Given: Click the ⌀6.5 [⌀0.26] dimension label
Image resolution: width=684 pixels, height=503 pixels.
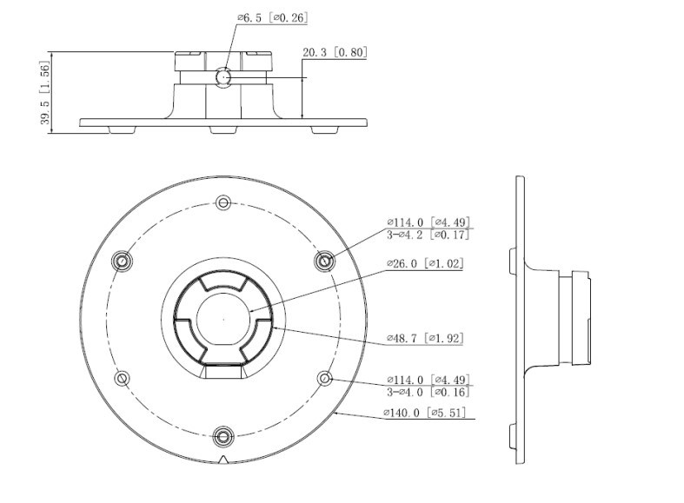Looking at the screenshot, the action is [x=273, y=18].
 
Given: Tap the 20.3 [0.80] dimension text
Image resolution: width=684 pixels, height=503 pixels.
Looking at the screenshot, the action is [x=335, y=52].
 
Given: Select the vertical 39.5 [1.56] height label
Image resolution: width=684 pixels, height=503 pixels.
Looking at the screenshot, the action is [x=45, y=92].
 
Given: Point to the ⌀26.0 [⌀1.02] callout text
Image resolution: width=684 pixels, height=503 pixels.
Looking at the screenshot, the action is [x=425, y=263].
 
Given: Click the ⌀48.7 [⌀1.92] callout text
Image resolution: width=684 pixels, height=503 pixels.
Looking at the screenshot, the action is [x=425, y=338].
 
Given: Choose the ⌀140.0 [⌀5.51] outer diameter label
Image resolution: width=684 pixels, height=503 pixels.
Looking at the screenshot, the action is [x=424, y=413].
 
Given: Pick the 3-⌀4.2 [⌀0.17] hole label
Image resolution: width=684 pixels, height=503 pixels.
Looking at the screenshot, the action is [x=428, y=235].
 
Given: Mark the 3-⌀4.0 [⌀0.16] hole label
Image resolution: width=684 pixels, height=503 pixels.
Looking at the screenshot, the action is [x=428, y=392].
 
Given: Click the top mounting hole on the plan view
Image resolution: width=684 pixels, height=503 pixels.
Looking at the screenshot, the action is [x=223, y=202].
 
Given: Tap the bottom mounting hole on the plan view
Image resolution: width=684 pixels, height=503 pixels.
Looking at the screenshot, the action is [x=223, y=436].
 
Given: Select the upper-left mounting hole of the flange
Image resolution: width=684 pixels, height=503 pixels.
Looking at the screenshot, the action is [x=123, y=261].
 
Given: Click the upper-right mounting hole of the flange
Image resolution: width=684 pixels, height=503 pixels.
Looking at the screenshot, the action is [x=324, y=261].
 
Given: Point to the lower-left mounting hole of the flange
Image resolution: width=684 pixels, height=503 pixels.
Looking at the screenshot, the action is [x=123, y=378].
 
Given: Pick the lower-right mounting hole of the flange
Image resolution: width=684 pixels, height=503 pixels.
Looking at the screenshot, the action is [x=324, y=378].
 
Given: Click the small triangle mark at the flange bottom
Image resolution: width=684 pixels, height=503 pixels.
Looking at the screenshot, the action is [x=223, y=460].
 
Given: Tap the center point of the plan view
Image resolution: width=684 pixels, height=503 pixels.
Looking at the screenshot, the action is [x=223, y=320].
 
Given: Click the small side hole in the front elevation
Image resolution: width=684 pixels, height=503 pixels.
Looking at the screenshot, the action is [x=223, y=77].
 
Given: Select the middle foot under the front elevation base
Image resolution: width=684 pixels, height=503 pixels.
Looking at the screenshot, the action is [x=223, y=130].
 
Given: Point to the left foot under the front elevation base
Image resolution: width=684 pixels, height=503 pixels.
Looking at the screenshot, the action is [x=123, y=130].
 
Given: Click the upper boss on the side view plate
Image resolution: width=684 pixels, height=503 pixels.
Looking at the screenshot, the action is [x=513, y=261].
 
